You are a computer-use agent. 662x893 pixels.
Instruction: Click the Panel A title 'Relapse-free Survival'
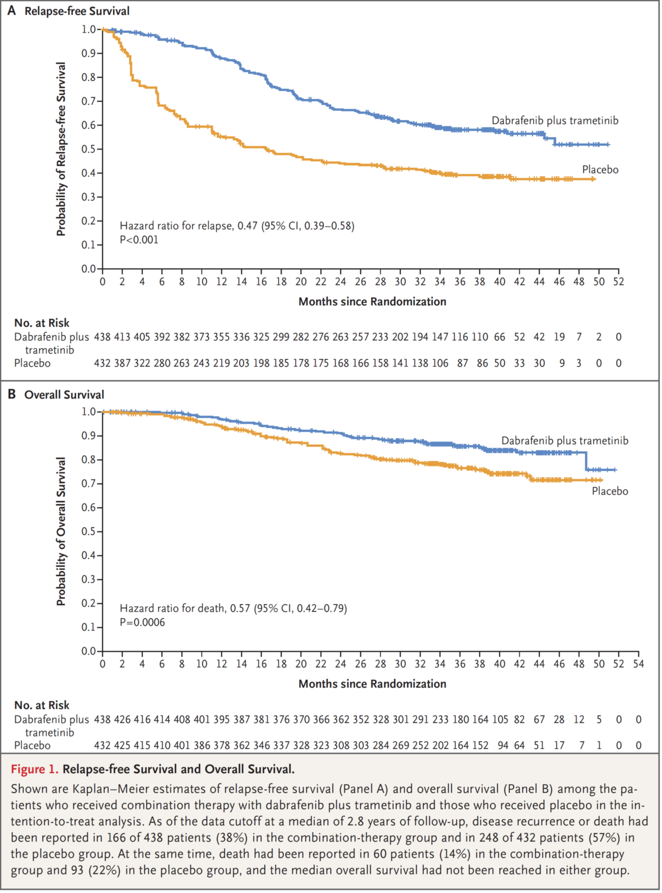77,11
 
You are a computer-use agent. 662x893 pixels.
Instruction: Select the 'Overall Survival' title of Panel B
64,395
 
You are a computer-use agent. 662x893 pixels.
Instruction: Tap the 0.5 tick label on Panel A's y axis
89,149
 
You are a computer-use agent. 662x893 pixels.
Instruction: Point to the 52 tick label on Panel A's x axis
618,282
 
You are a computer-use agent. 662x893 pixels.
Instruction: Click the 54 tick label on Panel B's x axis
638,664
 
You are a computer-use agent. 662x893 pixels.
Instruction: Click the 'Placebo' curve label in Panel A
600,170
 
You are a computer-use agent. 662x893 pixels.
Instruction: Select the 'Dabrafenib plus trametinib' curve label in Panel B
564,441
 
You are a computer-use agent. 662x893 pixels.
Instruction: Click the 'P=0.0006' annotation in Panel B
142,622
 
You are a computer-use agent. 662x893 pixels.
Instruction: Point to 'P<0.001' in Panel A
139,240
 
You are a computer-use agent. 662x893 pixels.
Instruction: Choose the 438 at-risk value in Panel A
102,337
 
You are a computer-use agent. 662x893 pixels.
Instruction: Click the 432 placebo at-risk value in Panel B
102,746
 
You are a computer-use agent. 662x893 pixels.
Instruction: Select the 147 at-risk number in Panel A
440,337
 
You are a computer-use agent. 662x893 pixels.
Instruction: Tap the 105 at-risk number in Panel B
500,719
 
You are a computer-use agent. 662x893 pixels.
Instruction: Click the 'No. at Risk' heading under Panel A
42,323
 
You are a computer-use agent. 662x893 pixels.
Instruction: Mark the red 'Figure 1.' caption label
34,769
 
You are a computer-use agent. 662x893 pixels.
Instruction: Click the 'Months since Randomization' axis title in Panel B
372,684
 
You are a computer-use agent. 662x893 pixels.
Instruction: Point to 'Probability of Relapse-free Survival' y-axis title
61,149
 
